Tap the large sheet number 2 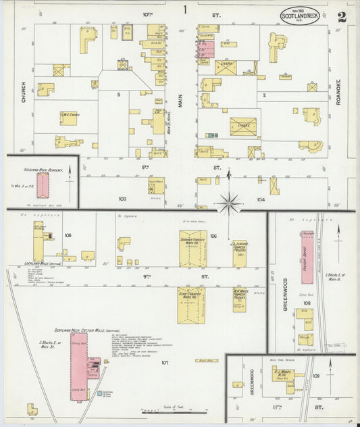[342, 16]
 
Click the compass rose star [229, 202]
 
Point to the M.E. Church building [69, 118]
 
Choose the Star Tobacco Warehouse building [191, 305]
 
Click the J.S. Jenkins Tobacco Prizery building [238, 253]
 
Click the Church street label [23, 91]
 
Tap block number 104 [261, 199]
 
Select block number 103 [122, 199]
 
